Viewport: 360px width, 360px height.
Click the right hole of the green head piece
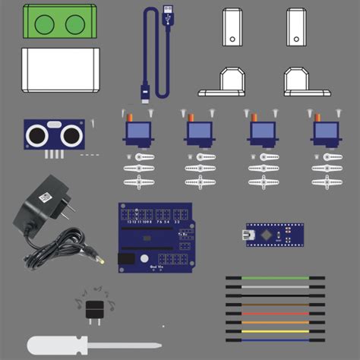pos(74,25)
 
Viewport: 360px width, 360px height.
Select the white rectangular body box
pos(61,71)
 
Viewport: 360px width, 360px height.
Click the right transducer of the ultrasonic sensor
pos(70,136)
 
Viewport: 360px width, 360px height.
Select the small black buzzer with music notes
pos(94,309)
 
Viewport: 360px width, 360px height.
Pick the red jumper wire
pos(275,314)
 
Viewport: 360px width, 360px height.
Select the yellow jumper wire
pos(275,331)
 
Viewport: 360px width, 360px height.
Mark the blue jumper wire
pos(275,339)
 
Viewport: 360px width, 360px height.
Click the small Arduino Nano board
pos(273,235)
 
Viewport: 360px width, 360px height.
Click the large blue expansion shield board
pos(155,237)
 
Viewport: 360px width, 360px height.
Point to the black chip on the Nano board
pos(266,235)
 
